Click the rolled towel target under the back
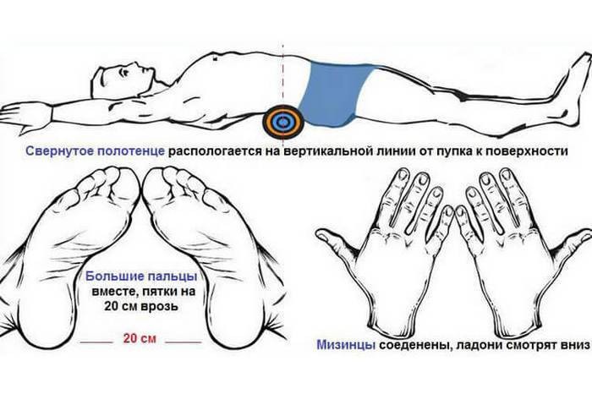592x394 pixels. click(x=283, y=121)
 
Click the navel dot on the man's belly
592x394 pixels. click(x=215, y=58)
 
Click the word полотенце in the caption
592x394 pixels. click(x=130, y=151)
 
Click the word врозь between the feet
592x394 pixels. click(x=159, y=306)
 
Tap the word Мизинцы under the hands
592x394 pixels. click(x=346, y=345)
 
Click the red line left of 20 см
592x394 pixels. click(x=96, y=342)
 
